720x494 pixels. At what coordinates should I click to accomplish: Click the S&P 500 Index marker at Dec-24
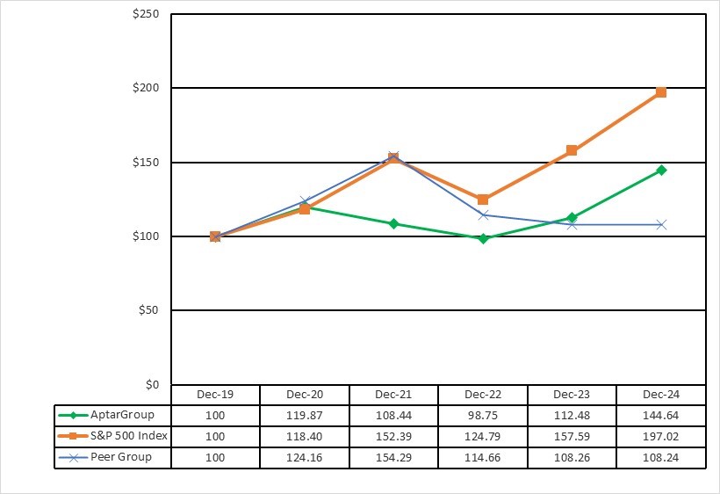(661, 92)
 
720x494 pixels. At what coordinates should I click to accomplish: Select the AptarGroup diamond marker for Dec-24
(661, 170)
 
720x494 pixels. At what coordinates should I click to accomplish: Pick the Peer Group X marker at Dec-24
(661, 224)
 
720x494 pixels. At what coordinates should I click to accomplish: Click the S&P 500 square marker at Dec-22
(483, 200)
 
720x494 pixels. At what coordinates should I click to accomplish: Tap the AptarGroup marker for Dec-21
(393, 223)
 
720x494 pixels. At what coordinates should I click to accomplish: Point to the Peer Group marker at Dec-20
(305, 201)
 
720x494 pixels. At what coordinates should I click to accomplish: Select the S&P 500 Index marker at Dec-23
(572, 150)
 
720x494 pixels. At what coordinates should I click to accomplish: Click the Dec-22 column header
(483, 395)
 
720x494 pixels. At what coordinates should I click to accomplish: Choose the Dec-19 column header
(215, 395)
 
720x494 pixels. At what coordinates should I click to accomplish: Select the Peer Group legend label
(121, 457)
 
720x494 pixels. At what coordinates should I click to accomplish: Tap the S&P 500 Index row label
(128, 436)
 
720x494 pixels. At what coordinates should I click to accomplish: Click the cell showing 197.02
(661, 436)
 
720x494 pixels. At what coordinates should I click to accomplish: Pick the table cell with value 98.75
(483, 415)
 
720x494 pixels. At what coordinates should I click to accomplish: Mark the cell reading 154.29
(393, 457)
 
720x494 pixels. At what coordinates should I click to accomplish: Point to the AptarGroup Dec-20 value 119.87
(305, 415)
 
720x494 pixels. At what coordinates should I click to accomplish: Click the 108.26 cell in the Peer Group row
(572, 457)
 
